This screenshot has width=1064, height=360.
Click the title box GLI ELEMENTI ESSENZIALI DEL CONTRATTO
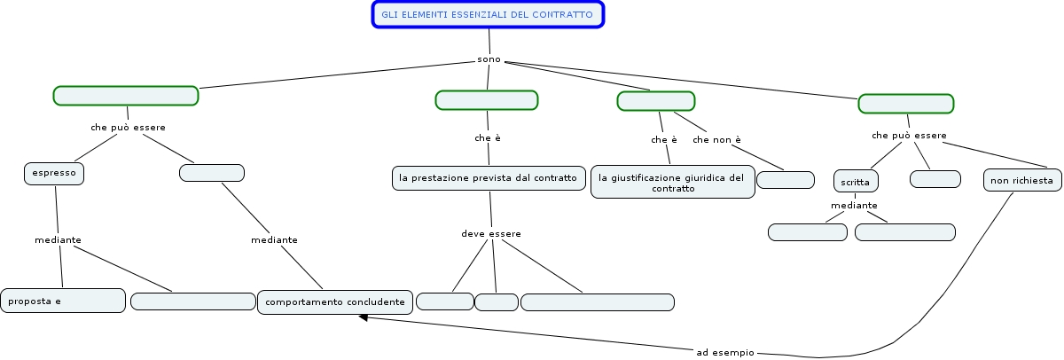click(488, 15)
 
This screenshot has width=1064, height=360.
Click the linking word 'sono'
click(489, 59)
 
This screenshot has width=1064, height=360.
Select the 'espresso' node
click(54, 174)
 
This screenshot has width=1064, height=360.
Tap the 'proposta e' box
click(62, 301)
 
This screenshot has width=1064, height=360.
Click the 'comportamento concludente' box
click(335, 302)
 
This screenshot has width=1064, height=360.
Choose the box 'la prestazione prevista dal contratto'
click(489, 178)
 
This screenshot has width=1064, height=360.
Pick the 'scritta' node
click(857, 181)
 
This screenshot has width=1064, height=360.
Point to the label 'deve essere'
click(491, 233)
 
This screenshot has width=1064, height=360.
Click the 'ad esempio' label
click(725, 352)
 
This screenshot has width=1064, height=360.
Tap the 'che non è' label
click(716, 139)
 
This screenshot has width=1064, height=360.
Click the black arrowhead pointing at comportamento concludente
click(364, 317)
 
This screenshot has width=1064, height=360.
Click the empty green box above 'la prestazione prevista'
click(487, 100)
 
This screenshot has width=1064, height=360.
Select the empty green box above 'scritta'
click(905, 104)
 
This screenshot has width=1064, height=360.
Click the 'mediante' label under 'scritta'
click(854, 206)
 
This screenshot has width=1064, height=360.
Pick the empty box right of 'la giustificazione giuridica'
click(786, 180)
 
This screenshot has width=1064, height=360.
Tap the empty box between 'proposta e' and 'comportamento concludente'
click(192, 301)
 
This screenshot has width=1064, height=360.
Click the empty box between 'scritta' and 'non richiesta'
click(935, 179)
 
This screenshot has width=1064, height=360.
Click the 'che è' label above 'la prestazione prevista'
click(488, 137)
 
